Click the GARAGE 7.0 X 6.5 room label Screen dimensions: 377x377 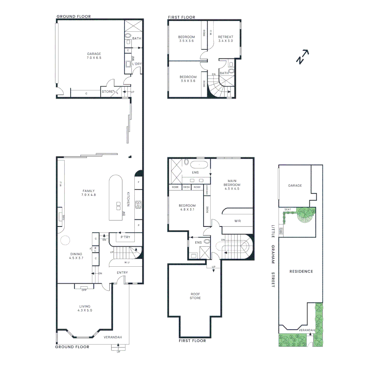pos(94,56)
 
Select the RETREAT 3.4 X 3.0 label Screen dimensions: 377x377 pos(226,39)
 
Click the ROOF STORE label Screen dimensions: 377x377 pos(195,296)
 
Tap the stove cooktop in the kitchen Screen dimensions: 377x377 pos(138,204)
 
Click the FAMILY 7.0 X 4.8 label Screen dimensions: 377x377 pos(89,193)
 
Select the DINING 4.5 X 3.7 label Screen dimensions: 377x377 pos(76,256)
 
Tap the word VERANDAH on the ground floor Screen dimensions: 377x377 pos(112,337)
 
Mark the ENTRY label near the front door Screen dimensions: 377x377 pos(122,273)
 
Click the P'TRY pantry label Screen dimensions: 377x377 pos(125,237)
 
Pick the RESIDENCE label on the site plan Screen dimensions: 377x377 pos(301,271)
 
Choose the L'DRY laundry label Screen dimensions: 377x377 pos(136,64)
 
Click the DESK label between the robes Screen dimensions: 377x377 pos(187,187)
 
